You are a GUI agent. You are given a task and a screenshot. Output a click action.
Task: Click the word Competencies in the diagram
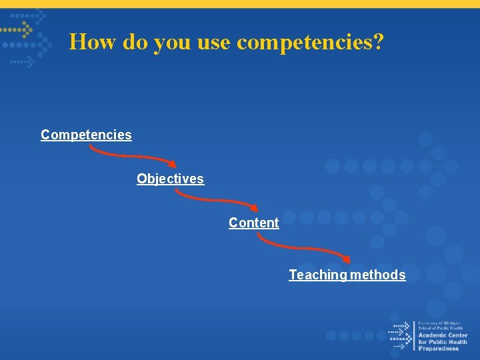pos(86,135)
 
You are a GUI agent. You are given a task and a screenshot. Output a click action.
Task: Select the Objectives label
pos(170,179)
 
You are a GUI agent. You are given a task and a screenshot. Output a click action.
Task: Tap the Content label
pos(253,223)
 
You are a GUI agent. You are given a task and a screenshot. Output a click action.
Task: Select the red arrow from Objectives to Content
pos(217,200)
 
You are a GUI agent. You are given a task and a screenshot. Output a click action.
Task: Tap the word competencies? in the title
pos(310,42)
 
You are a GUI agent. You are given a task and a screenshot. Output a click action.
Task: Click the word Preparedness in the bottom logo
pos(439,349)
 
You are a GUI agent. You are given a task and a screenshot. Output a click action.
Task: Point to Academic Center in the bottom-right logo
pos(443,335)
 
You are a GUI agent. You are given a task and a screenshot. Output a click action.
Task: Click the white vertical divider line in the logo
pos(414,335)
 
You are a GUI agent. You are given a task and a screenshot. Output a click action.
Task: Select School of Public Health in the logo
pos(440,328)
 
